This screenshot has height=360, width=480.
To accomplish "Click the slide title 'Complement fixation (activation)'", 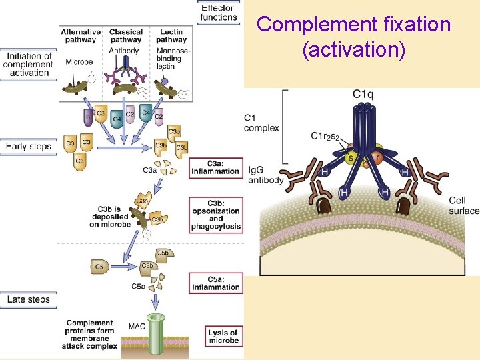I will click(x=354, y=37).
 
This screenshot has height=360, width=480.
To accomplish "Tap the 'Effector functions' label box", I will click(x=218, y=12).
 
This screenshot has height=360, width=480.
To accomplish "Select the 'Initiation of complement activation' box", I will click(x=28, y=65).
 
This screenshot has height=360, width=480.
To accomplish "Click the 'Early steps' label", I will click(x=29, y=146).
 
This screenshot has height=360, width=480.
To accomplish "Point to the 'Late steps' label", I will click(x=29, y=299).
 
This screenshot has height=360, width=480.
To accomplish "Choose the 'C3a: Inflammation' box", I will click(x=215, y=167).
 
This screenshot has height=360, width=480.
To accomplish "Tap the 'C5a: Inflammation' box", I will click(x=215, y=283).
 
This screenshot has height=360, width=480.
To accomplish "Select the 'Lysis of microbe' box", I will click(x=223, y=336).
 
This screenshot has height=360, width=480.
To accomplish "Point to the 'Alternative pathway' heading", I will click(x=81, y=36).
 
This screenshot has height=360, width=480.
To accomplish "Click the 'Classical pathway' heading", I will click(x=126, y=36).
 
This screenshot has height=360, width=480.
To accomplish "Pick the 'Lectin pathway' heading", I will click(x=172, y=36).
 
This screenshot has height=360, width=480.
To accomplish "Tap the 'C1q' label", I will click(x=363, y=95).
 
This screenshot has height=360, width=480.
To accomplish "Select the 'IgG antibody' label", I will click(x=266, y=175).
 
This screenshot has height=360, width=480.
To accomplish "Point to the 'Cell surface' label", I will click(x=463, y=206).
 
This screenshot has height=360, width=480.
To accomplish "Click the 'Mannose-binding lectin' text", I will click(x=175, y=58).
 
